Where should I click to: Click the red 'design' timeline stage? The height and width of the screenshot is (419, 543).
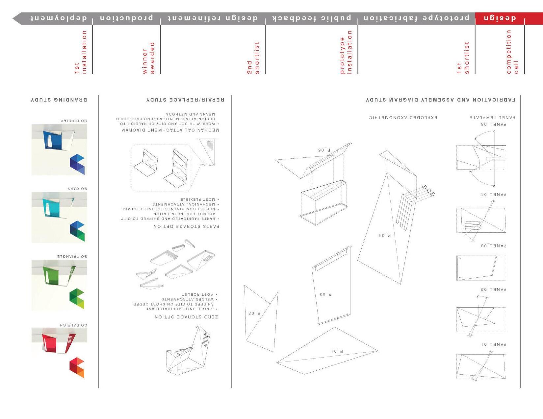(x=500, y=18)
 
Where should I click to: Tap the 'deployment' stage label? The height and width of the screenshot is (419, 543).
(x=59, y=18)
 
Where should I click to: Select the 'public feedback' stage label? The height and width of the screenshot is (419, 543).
(x=312, y=18)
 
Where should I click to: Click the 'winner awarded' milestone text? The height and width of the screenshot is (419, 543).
(x=148, y=58)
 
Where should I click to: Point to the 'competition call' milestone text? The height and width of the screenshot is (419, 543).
(x=512, y=52)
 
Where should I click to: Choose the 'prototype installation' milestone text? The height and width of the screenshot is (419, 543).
(x=346, y=52)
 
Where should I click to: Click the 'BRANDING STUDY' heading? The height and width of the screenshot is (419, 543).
(x=59, y=100)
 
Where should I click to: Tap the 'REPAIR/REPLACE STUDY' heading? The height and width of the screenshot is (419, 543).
(x=185, y=100)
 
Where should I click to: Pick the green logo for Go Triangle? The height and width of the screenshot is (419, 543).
(x=77, y=298)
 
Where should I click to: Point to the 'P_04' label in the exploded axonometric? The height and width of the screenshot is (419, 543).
(x=385, y=235)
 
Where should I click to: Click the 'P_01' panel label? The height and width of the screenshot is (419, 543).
(x=337, y=351)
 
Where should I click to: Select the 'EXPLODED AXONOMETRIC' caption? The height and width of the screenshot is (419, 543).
(x=403, y=117)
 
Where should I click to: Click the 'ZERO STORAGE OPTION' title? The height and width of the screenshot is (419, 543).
(x=186, y=317)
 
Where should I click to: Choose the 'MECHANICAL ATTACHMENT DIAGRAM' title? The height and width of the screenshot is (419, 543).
(x=170, y=130)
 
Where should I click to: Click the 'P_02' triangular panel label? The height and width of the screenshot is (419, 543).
(x=254, y=313)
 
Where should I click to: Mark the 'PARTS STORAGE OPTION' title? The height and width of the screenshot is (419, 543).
(x=186, y=226)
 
